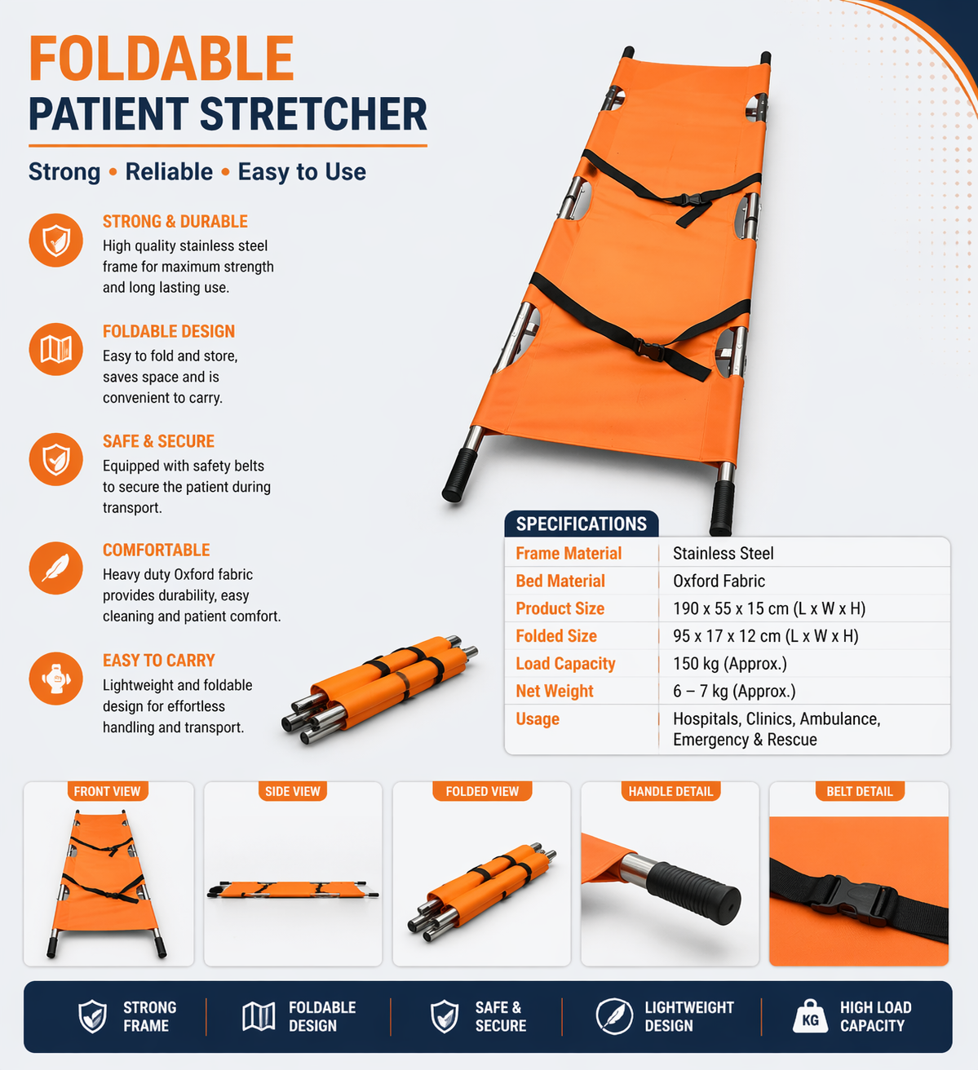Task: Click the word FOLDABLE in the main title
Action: coord(162,59)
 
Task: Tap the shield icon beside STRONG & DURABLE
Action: coord(55,241)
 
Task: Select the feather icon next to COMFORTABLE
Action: coord(55,568)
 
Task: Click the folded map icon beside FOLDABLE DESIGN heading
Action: coord(55,349)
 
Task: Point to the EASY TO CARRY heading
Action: coord(158,661)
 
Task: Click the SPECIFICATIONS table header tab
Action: coord(581,524)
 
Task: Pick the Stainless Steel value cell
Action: coord(723,554)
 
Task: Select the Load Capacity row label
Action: coord(565,664)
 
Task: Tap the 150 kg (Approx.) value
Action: coord(729,664)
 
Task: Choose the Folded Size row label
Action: coord(556,636)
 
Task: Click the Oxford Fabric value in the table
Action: coord(719,581)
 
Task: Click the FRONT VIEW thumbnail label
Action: coord(107,791)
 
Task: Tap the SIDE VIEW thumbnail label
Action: coord(292,791)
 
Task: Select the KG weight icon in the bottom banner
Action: coord(810,1016)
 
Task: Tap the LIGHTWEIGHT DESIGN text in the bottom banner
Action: coord(688,1017)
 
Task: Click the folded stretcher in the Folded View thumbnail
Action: coord(482,890)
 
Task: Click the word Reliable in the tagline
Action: coord(169,172)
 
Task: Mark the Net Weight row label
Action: coord(555,692)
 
